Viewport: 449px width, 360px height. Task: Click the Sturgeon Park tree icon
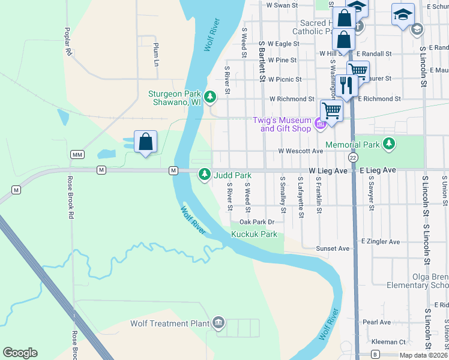(210, 96)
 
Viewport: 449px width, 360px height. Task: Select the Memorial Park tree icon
(390, 143)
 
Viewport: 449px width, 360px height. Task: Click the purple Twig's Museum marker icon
(320, 124)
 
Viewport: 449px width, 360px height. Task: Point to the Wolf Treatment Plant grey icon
(218, 324)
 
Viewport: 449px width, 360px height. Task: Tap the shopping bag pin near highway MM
(146, 143)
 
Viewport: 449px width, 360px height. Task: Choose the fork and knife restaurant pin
(346, 85)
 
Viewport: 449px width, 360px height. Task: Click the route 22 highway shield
(354, 157)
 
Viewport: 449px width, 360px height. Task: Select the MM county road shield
(77, 155)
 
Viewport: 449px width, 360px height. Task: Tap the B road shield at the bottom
(375, 354)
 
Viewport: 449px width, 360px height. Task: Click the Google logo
(20, 353)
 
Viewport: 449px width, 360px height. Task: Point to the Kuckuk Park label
(254, 234)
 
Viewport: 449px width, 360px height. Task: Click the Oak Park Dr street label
(259, 222)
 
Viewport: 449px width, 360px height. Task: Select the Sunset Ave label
(333, 248)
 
